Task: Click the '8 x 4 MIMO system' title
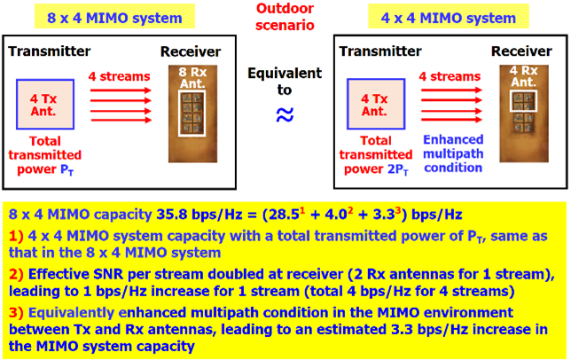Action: [x=114, y=18]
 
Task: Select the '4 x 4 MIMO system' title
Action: [x=449, y=18]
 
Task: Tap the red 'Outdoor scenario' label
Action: [x=285, y=17]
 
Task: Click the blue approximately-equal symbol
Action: [x=285, y=114]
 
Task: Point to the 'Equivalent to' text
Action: [x=285, y=82]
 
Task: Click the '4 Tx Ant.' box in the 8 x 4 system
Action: [x=45, y=104]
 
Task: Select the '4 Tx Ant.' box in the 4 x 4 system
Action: [x=376, y=104]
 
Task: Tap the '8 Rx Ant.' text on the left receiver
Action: [x=192, y=77]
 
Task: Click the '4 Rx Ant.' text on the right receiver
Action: [x=524, y=76]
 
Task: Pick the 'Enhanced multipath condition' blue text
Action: [x=453, y=153]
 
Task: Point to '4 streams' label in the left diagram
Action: [x=119, y=76]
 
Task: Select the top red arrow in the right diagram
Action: [x=451, y=90]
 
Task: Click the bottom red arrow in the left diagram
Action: [x=121, y=120]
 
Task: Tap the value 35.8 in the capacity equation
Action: [x=171, y=215]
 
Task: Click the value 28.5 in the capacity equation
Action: [x=284, y=215]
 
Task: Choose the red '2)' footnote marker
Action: [x=16, y=275]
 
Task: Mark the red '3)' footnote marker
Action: [x=16, y=313]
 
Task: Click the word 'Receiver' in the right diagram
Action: [x=521, y=51]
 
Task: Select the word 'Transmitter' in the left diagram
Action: [x=50, y=51]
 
